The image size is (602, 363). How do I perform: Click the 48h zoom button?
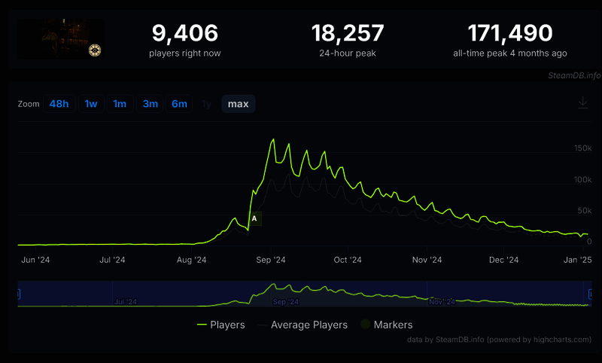59,104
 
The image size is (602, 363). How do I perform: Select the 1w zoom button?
91,104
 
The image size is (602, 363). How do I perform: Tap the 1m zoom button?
120,104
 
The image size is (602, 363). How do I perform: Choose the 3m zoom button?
150,104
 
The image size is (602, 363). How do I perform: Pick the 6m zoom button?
179,104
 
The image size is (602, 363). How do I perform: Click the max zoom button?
238,104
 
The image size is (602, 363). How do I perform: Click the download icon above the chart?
582,103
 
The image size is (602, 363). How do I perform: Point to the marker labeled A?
254,218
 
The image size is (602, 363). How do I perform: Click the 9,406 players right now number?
185,33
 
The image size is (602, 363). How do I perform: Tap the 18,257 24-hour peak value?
348,33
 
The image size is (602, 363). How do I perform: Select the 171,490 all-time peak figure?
510,33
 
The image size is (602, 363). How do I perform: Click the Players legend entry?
220,325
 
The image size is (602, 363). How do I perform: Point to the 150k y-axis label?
582,148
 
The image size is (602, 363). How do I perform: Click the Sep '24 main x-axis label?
270,260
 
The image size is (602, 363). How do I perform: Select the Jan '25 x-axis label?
579,260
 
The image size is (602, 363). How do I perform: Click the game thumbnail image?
62,38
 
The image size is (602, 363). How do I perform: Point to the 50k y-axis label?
584,210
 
